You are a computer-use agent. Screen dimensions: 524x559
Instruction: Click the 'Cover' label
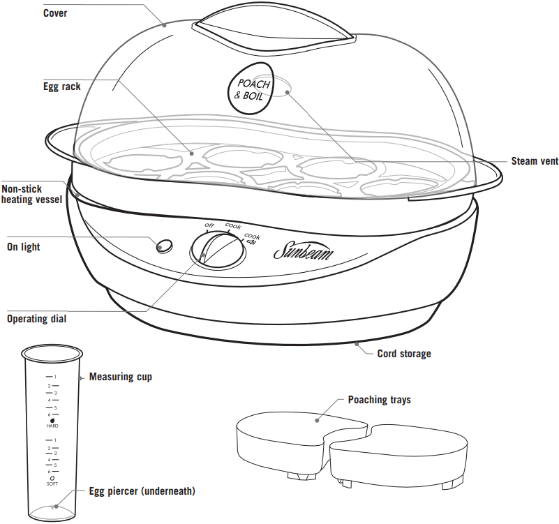[55, 13]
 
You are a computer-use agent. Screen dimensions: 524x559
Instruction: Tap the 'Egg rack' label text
[61, 87]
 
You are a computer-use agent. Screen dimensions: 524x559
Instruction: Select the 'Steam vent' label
[535, 161]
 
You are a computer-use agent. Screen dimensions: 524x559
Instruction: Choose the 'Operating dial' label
[41, 319]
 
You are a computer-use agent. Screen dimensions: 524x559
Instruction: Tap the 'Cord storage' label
[404, 354]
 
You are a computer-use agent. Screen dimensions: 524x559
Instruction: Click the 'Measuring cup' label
[120, 377]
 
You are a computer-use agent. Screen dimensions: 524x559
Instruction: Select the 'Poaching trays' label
[379, 400]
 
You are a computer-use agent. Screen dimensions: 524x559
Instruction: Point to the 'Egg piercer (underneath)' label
[142, 491]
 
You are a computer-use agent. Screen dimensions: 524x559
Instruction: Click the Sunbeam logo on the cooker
[303, 251]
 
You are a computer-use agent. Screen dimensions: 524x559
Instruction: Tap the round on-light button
[165, 245]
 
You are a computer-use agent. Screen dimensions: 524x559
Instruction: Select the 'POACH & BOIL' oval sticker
[251, 90]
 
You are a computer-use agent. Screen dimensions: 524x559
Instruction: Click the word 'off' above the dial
[208, 225]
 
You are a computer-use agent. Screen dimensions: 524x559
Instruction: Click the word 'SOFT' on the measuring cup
[52, 484]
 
